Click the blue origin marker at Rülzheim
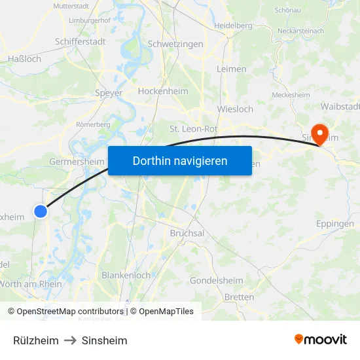pos(41,211)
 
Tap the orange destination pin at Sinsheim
pos(320,134)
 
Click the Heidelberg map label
pos(233,26)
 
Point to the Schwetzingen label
pos(175,44)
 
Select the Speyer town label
pos(109,93)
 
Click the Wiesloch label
pos(234,109)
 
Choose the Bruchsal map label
pos(187,233)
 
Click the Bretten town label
pos(239,297)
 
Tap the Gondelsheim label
pos(217,281)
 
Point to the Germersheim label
pos(77,162)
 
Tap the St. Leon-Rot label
pos(193,129)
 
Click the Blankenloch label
pos(126,276)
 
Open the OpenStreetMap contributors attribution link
pos(70,312)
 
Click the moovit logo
pos(321,340)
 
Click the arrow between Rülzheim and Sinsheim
pos(70,340)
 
